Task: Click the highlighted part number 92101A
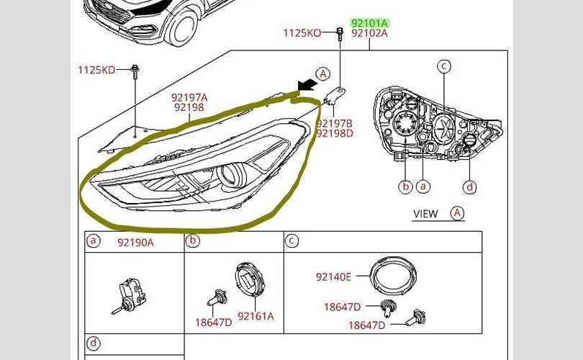pos(369,24)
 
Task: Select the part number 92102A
pos(369,33)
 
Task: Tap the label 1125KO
pos(302,33)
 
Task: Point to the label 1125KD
pos(96,70)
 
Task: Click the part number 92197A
pos(189,98)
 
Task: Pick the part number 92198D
pos(334,133)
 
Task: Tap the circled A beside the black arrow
pos(323,73)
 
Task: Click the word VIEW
pos(425,214)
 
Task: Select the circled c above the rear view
pos(443,66)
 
